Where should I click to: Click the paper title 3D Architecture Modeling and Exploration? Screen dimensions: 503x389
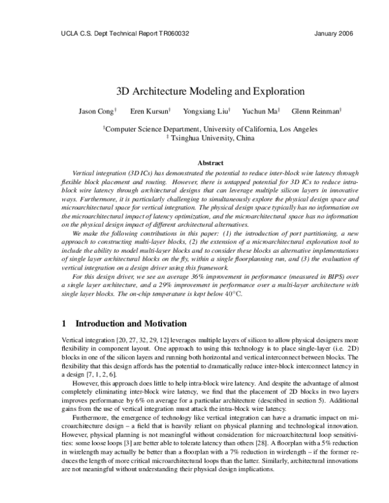(x=194, y=91)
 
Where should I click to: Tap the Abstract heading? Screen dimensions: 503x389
(x=210, y=163)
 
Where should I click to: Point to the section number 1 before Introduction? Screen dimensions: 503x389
(x=63, y=323)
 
